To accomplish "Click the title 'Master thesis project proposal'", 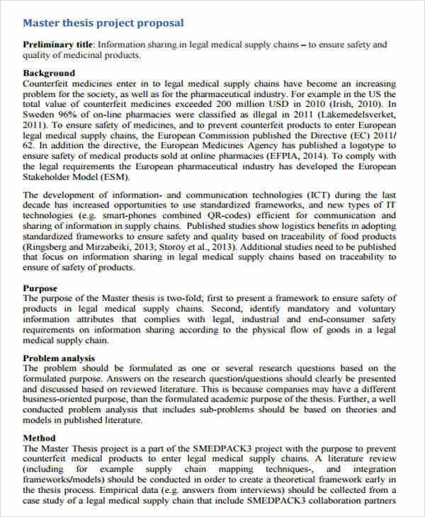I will pyautogui.click(x=103, y=23).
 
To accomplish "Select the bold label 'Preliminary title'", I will pyautogui.click(x=58, y=45).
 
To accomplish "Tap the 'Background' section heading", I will pyautogui.click(x=49, y=73).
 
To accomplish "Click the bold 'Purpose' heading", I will pyautogui.click(x=40, y=288).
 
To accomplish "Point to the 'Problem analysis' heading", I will pyautogui.click(x=59, y=358).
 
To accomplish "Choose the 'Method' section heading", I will pyautogui.click(x=39, y=438).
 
